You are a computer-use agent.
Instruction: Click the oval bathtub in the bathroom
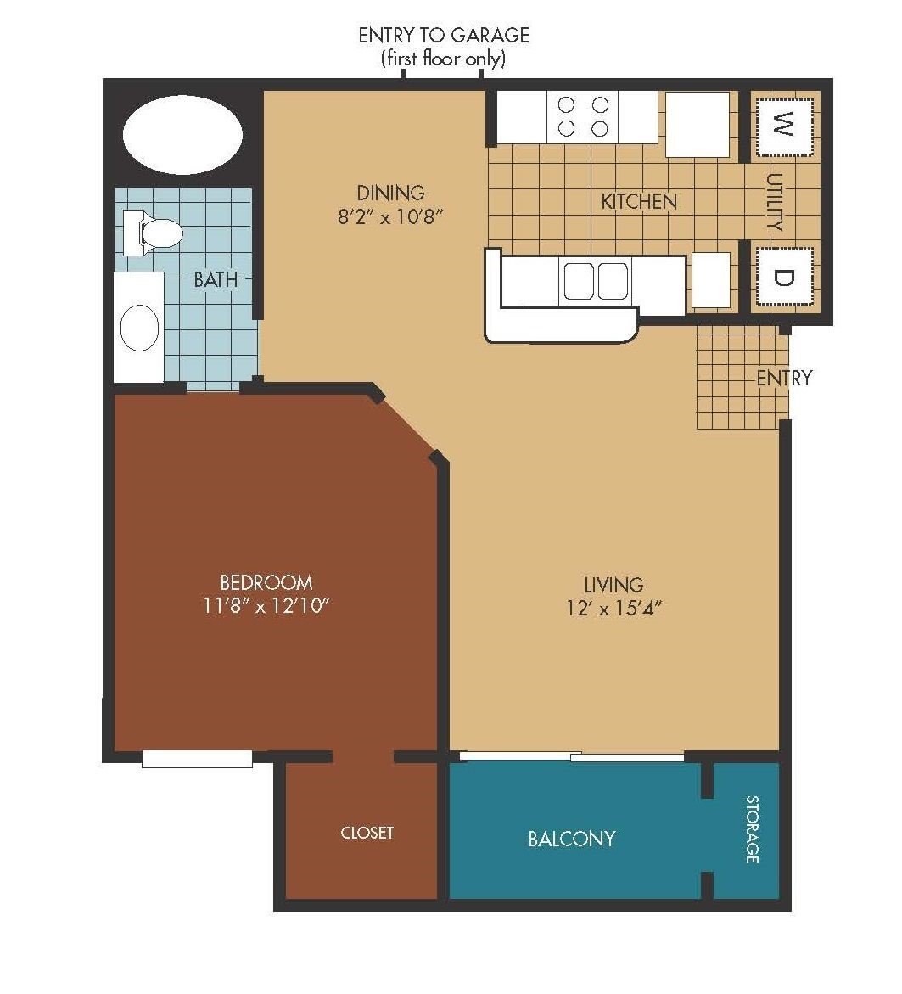point(182,134)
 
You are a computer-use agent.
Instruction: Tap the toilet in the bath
point(154,233)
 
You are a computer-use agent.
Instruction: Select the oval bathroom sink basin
point(139,328)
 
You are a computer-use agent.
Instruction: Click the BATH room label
point(216,279)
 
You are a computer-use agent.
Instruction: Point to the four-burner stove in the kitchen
point(583,116)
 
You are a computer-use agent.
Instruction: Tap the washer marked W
point(783,126)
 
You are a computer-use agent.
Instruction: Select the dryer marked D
point(783,278)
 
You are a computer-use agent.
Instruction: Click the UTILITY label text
point(775,202)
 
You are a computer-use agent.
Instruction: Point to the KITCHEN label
point(639,201)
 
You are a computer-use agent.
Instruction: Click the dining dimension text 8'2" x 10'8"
point(389,216)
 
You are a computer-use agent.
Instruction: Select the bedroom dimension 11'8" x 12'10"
point(266,605)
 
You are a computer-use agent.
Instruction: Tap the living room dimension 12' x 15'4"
point(613,608)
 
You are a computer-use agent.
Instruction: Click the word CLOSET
point(367,833)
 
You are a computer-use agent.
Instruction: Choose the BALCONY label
point(572,839)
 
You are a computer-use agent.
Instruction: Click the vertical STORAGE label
point(752,829)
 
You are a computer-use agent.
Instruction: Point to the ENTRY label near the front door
point(784,379)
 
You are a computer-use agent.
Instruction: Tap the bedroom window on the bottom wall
point(197,758)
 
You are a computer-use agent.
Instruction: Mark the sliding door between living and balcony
point(572,756)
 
